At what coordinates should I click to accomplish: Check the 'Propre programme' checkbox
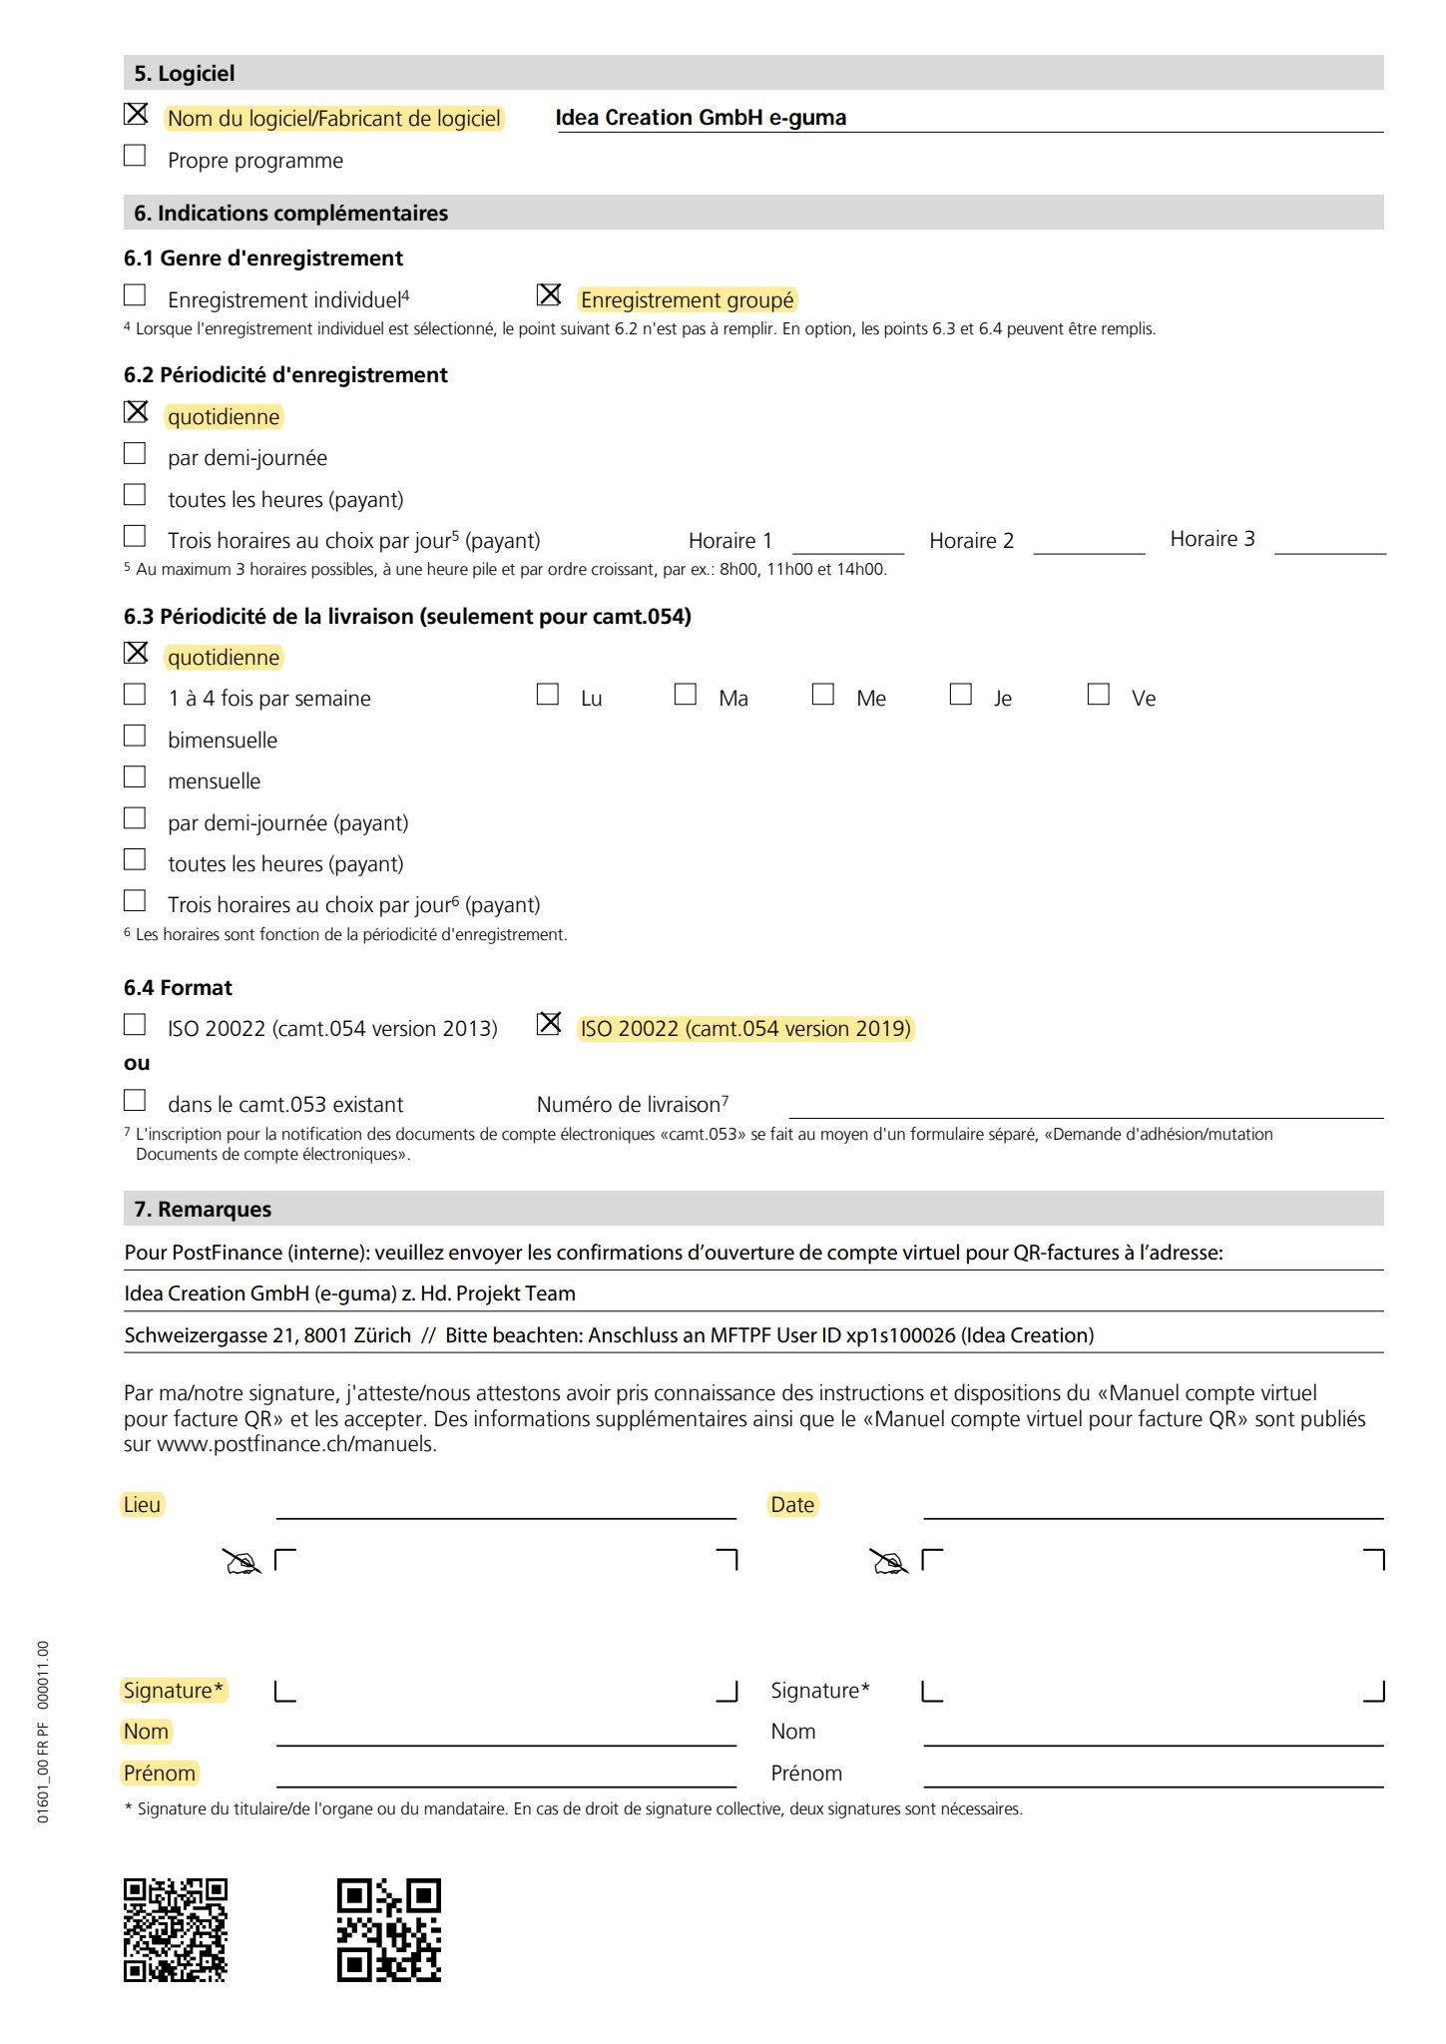(x=135, y=156)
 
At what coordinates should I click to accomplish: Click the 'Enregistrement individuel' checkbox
(x=135, y=295)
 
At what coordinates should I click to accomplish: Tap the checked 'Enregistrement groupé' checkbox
(x=549, y=295)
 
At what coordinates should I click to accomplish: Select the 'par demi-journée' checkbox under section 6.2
(x=135, y=454)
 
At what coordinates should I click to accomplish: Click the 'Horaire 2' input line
(x=1089, y=543)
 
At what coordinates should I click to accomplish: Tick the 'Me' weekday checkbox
(x=823, y=695)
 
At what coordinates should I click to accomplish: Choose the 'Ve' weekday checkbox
(x=1099, y=695)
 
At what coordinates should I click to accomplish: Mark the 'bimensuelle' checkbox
(x=135, y=737)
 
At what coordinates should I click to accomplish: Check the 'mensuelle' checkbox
(x=135, y=777)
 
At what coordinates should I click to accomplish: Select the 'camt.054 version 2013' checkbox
(x=135, y=1025)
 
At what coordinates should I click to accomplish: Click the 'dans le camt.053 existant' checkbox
(x=135, y=1101)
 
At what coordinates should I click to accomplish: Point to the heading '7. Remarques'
(x=203, y=1210)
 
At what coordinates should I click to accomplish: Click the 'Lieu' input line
(x=506, y=1507)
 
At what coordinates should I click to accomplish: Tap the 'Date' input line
(x=1153, y=1507)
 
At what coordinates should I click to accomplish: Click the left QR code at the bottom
(x=176, y=1930)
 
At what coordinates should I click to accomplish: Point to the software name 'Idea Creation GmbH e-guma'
(x=701, y=118)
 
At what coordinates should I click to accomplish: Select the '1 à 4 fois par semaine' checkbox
(x=135, y=695)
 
